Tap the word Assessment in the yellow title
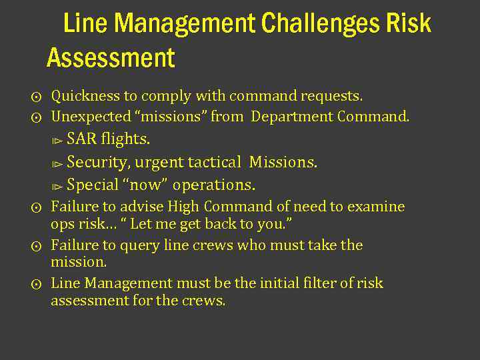(111, 58)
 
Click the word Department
(292, 117)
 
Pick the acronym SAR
(81, 139)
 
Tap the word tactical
(214, 162)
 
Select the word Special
(93, 185)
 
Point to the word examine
(377, 207)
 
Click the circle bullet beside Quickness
(37, 97)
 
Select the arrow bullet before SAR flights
(58, 141)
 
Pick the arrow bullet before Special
(58, 186)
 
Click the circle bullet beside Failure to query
(37, 246)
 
